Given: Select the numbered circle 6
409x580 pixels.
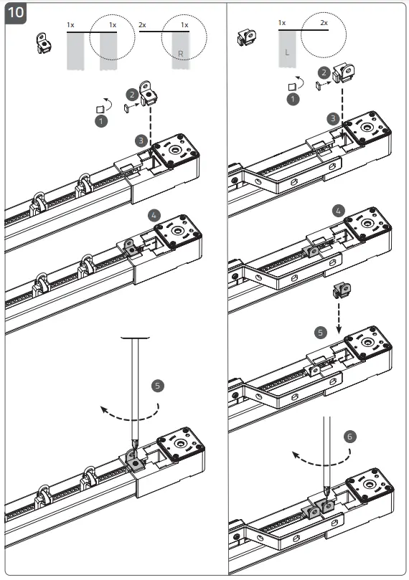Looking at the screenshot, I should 349,435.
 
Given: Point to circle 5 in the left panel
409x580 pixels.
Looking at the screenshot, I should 159,385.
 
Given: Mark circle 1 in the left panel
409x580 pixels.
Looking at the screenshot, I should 102,123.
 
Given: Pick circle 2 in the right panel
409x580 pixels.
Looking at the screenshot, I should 324,72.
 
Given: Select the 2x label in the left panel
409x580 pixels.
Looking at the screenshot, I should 142,24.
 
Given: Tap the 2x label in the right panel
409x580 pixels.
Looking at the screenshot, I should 324,23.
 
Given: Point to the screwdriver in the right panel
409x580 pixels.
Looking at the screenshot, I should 326,452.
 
